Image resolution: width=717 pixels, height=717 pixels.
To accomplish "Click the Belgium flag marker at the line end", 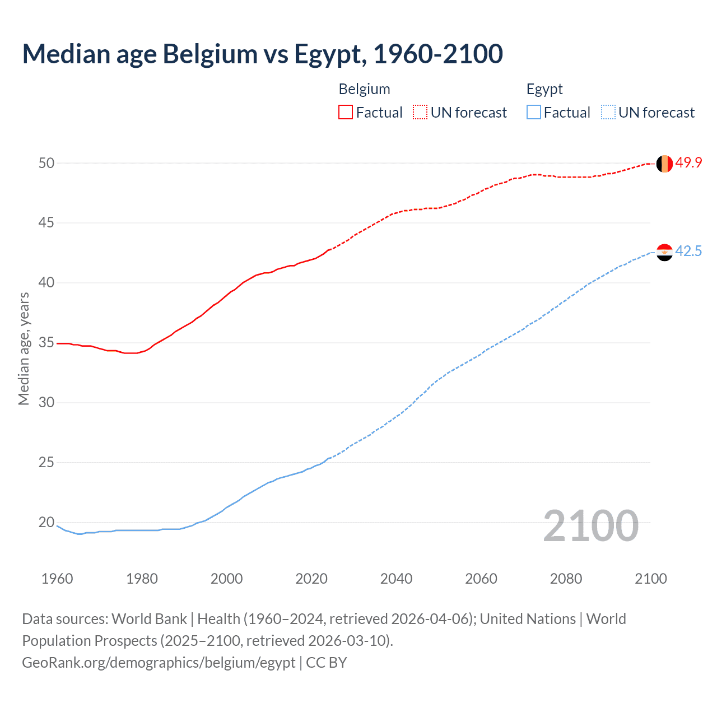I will tap(664, 164).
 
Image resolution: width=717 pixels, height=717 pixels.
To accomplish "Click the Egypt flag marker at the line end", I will tap(664, 252).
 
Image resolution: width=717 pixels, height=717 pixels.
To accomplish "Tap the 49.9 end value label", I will tap(688, 163).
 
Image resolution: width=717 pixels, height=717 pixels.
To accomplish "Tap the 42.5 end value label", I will tap(688, 251).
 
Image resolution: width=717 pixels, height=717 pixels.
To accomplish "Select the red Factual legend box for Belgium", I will tap(346, 113).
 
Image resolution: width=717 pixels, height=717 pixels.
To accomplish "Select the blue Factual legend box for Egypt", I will tap(533, 113).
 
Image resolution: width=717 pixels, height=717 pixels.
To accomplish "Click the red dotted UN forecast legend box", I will tap(420, 113).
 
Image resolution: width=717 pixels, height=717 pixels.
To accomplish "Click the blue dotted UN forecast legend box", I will tap(608, 113).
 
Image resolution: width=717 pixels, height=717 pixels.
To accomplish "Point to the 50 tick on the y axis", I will tap(46, 163).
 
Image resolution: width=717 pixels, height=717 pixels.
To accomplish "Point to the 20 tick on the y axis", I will tap(46, 522).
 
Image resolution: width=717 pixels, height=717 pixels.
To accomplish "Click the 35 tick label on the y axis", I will tap(46, 342).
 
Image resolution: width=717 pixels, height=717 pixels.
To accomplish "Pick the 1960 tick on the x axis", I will tap(57, 579).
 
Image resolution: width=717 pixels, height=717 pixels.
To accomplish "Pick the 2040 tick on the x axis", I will tap(396, 579).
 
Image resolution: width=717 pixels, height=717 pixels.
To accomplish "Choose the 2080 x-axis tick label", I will tap(566, 579).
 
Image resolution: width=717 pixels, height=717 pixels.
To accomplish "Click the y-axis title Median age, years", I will tap(24, 348).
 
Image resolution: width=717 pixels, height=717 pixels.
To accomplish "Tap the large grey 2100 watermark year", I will tap(590, 525).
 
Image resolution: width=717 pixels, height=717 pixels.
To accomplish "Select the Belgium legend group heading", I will tap(364, 89).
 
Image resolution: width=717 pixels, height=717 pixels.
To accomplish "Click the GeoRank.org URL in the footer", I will tap(159, 663).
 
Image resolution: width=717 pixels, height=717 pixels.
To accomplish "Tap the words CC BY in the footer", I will tap(327, 663).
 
